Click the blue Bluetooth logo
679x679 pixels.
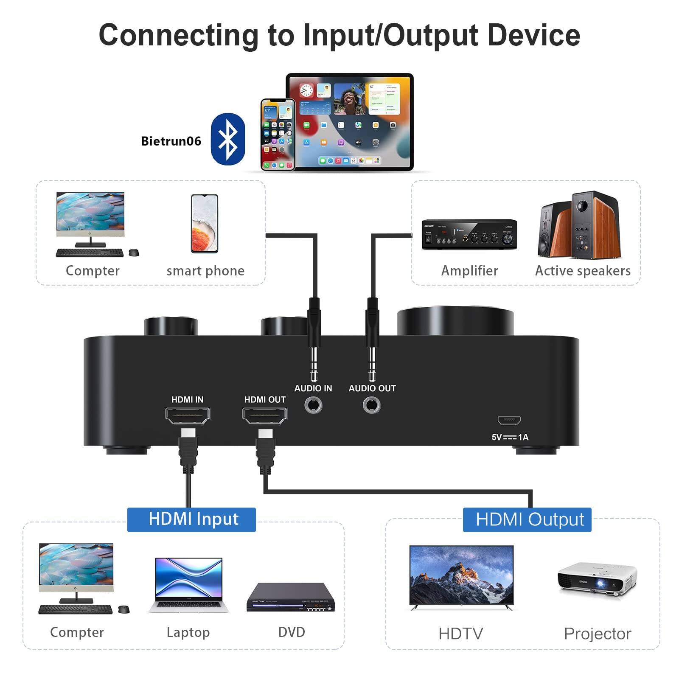228,139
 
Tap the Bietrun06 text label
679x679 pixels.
171,141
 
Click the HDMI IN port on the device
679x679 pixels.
188,415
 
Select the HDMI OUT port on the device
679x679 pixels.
264,415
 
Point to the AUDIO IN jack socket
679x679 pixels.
313,405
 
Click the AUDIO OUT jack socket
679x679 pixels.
372,405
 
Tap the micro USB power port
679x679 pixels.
509,421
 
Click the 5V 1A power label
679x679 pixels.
510,437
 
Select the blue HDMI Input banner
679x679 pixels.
191,519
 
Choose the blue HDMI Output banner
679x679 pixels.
527,519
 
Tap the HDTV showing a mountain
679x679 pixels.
461,576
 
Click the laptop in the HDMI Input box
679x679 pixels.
189,585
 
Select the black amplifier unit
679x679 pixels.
469,233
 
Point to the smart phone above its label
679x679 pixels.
205,224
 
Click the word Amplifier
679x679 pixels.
469,271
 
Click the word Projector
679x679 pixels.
597,634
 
